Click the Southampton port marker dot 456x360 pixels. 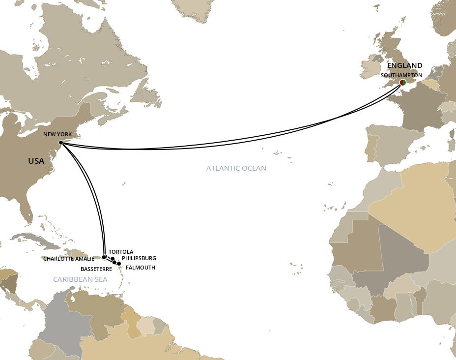pos(402,83)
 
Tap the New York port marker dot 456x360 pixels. pos(60,143)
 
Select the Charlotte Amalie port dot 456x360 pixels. pos(104,257)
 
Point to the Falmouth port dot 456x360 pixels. pos(119,264)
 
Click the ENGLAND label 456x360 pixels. pos(404,65)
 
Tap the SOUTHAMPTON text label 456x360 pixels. pos(401,75)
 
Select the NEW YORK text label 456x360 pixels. pos(57,134)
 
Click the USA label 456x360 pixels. pos(36,161)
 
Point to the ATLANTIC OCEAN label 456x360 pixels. pos(236,168)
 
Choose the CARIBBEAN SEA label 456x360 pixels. pos(80,279)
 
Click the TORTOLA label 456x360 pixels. pos(121,252)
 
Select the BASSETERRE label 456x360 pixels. pos(96,269)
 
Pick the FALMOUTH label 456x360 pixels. pos(141,268)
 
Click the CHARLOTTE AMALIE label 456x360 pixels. pos(68,259)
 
